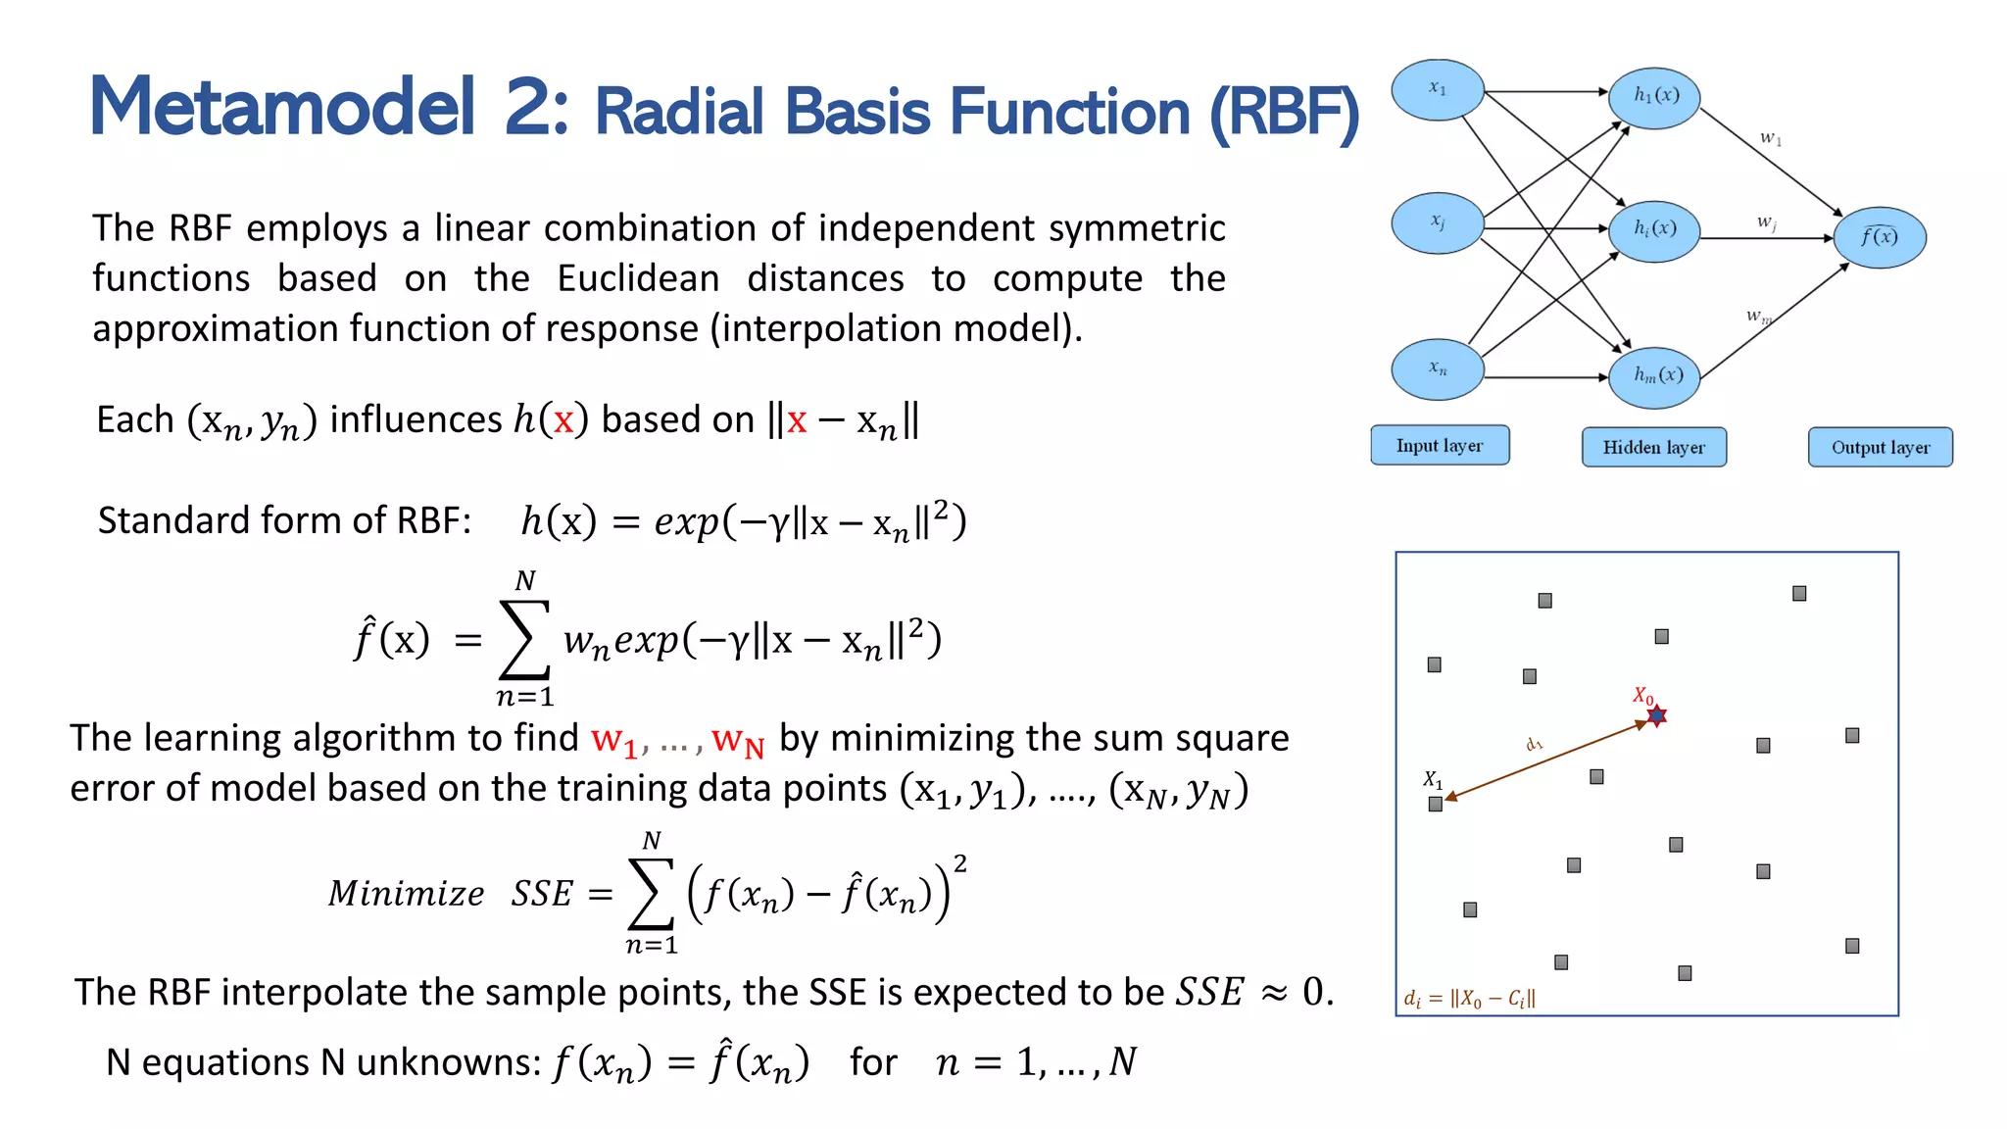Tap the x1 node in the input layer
tap(1438, 89)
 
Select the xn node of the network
tap(1438, 369)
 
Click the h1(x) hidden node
tap(1654, 96)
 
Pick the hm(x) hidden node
tap(1654, 375)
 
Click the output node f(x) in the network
tap(1879, 237)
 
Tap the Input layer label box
tap(1439, 446)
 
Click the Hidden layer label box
tap(1653, 448)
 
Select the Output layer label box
tap(1880, 448)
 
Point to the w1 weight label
tap(1770, 138)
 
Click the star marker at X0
tap(1657, 716)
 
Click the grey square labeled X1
tap(1436, 805)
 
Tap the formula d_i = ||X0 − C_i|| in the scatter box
tap(1469, 999)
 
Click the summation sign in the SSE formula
tap(651, 893)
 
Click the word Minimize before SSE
tap(406, 894)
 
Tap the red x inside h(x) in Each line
tap(563, 421)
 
